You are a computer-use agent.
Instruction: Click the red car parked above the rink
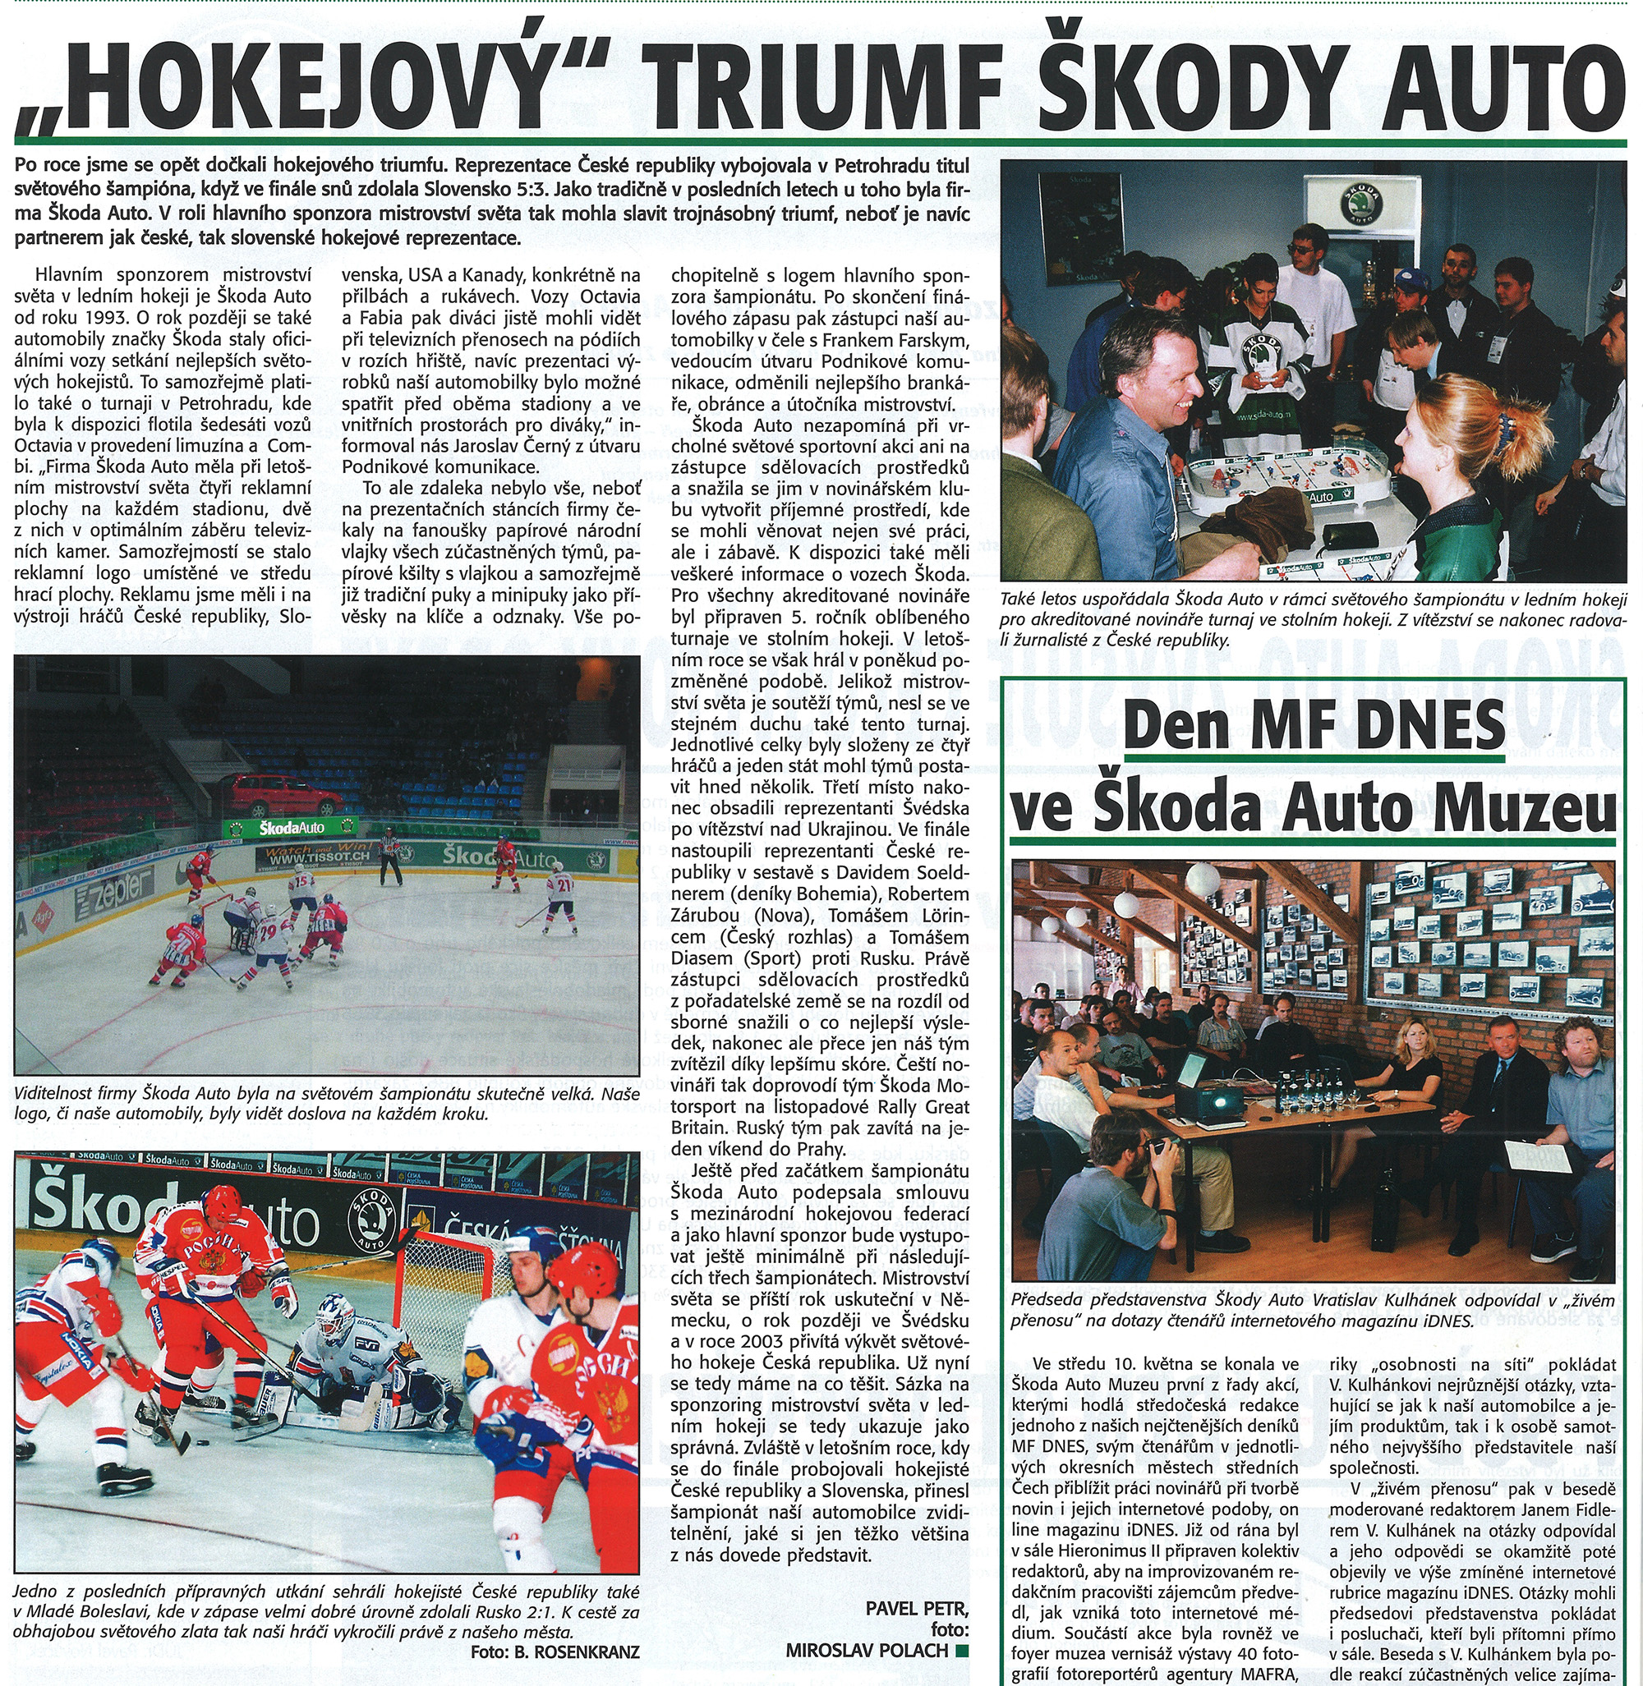[281, 795]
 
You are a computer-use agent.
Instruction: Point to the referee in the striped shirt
[392, 855]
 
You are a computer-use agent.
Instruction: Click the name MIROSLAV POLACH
[867, 1650]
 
